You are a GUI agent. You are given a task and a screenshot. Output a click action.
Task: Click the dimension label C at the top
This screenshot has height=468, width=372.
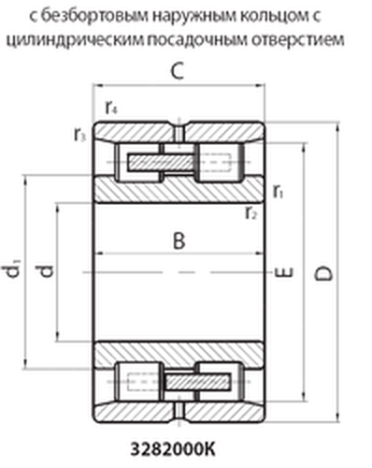(x=178, y=71)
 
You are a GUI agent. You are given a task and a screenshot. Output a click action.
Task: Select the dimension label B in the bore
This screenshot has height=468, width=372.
(x=179, y=241)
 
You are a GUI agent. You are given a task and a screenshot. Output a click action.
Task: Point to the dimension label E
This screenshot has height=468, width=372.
(x=284, y=272)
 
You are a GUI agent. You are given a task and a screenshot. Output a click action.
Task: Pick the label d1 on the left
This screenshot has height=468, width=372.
(x=12, y=269)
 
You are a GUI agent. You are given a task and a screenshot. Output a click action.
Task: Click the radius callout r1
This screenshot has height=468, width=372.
(x=279, y=191)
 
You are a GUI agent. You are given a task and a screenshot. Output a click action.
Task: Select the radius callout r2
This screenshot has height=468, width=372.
(x=251, y=213)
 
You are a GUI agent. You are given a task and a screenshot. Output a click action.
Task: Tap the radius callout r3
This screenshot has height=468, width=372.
(x=79, y=135)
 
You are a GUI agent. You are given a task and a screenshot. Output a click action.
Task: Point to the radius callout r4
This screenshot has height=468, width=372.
(x=111, y=108)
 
